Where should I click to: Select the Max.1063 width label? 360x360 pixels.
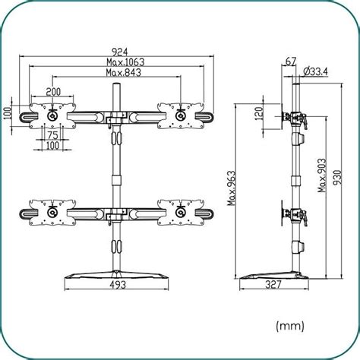(116, 62)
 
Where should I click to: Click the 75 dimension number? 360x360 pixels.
(52, 135)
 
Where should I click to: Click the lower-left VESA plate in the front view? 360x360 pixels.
(52, 210)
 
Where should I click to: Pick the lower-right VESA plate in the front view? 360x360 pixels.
(180, 210)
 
